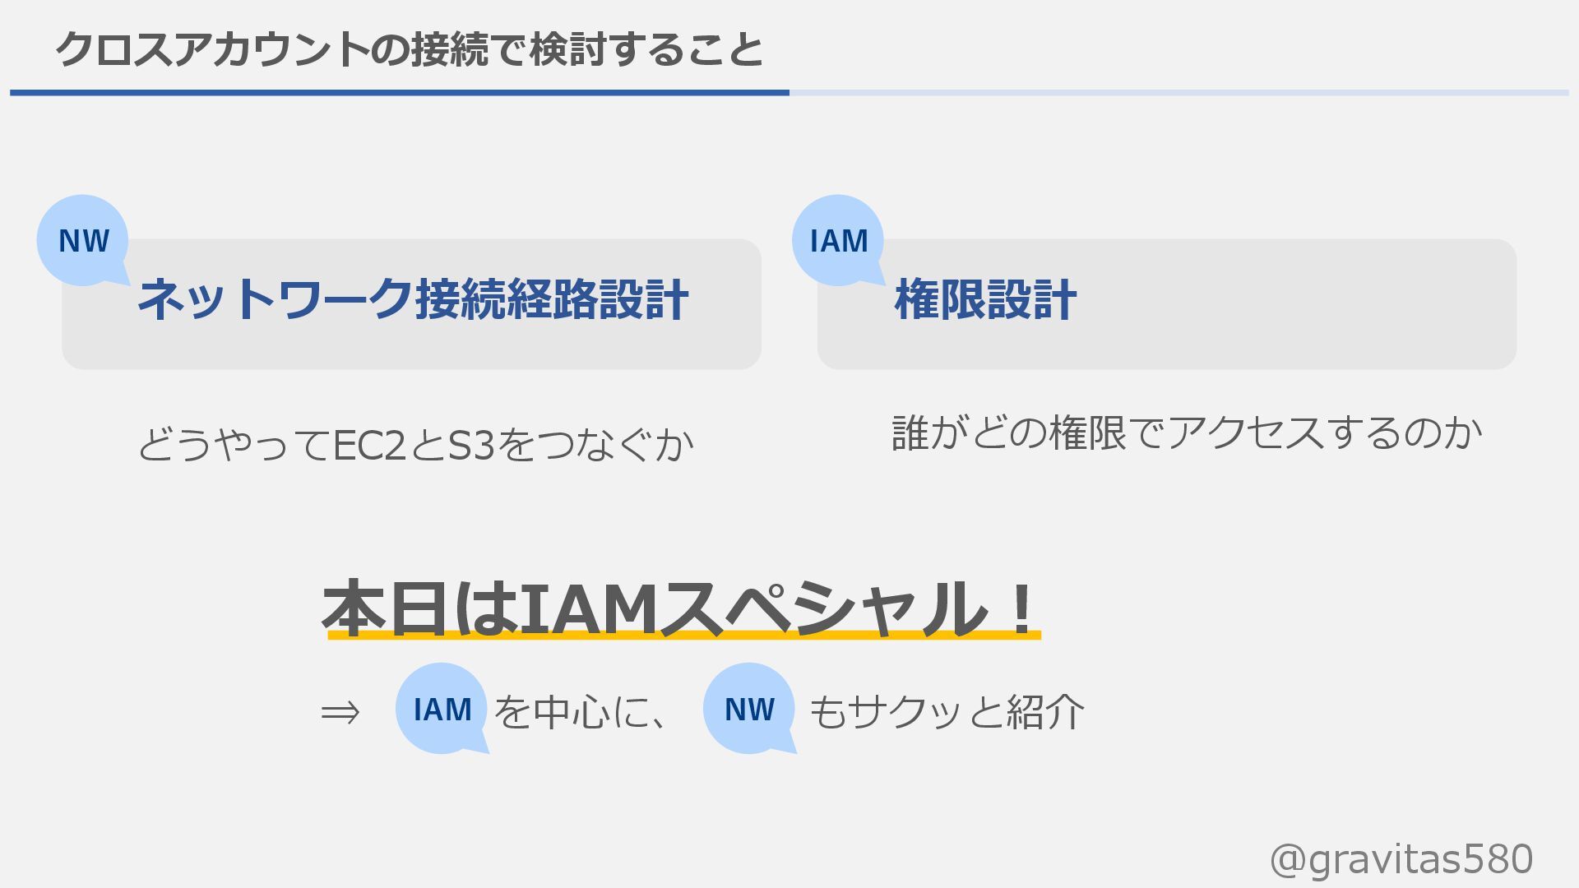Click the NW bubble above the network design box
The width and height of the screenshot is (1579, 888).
(x=83, y=241)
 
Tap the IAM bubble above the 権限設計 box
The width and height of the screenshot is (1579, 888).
(x=838, y=241)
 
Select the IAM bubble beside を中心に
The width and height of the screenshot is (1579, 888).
(x=442, y=709)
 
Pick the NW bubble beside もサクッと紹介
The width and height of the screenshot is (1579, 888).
(x=749, y=709)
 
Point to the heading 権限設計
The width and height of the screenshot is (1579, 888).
(x=985, y=299)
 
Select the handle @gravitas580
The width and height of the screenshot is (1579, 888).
(x=1401, y=859)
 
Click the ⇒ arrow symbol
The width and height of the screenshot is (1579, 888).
(x=340, y=712)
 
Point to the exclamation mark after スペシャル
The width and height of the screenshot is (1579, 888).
(x=1022, y=608)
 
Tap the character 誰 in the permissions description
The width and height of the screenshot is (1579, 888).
(x=910, y=433)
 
